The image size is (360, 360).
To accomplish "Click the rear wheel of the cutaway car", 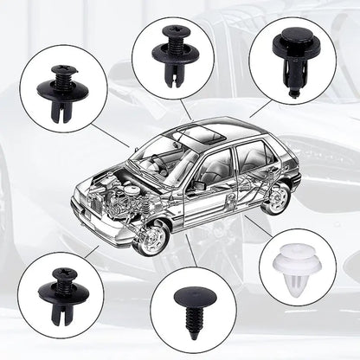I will coord(275,198).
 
